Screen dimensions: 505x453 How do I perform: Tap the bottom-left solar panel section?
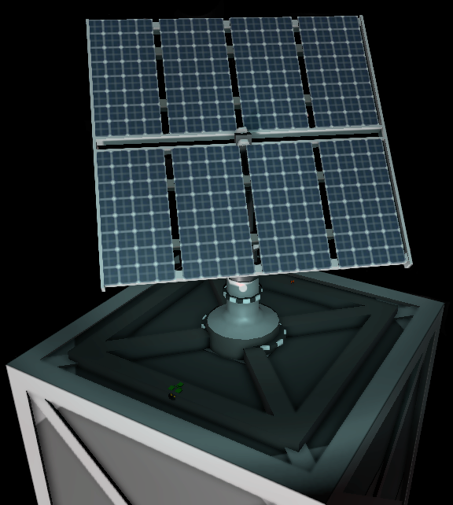coord(135,215)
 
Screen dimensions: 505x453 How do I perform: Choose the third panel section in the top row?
coord(267,72)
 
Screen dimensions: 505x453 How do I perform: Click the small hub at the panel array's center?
coord(242,135)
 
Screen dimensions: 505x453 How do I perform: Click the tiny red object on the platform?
coord(293,281)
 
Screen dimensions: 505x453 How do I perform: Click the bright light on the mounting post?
coord(244,289)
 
